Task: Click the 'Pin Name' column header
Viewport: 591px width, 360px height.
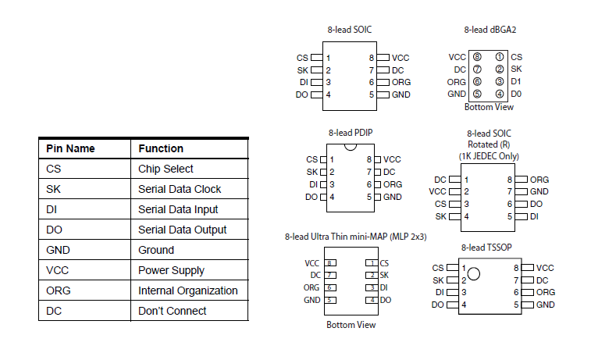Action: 70,148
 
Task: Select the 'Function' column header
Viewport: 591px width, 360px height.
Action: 161,148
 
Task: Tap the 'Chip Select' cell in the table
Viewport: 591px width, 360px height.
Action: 166,169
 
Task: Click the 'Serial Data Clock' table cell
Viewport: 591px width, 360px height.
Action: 180,189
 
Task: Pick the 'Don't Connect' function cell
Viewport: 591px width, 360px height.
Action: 172,311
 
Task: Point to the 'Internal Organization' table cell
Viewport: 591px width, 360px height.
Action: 187,290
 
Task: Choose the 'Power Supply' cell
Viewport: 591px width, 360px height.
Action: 171,270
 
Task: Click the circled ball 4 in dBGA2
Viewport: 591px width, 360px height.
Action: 500,94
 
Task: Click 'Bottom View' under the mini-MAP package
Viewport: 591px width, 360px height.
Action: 351,325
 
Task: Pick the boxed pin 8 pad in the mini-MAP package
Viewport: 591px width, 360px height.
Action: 331,263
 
